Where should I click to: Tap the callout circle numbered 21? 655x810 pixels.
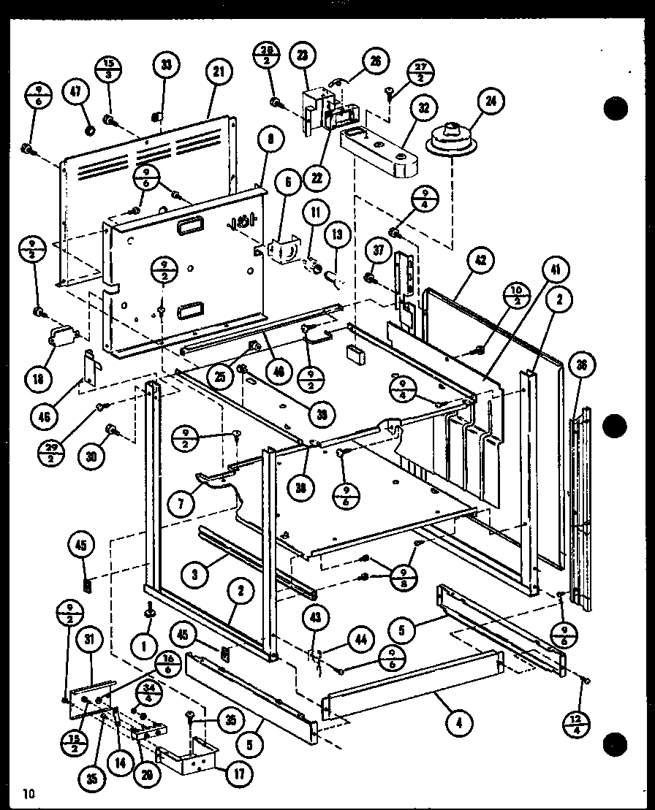coord(218,72)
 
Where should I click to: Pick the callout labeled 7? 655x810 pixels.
coord(180,505)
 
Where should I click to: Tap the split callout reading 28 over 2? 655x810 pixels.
coord(266,57)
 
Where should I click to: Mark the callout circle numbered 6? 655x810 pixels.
coord(287,183)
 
